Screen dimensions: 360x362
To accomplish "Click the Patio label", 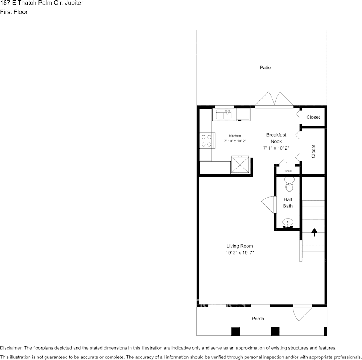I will pyautogui.click(x=265, y=68).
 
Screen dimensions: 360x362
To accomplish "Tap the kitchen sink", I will pyautogui.click(x=224, y=114).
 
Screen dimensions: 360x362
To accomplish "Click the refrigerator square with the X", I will pyautogui.click(x=240, y=164).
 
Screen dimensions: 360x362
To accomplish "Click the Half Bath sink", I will pyautogui.click(x=288, y=223).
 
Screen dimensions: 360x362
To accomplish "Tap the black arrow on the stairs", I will pyautogui.click(x=314, y=232).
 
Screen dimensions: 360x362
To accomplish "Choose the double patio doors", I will pyautogui.click(x=274, y=100).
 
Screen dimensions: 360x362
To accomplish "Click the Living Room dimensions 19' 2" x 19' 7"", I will pyautogui.click(x=240, y=253).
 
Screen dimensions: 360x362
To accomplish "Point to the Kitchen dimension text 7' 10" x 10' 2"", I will pyautogui.click(x=235, y=141).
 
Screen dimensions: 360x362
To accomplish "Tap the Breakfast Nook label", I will pyautogui.click(x=276, y=138).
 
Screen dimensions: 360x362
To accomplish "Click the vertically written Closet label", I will pyautogui.click(x=314, y=151).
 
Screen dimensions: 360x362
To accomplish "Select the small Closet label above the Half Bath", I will pyautogui.click(x=288, y=171).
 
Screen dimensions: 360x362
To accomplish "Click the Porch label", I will pyautogui.click(x=258, y=319).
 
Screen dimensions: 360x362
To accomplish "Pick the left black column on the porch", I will pyautogui.click(x=236, y=331).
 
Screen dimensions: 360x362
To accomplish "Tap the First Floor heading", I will pyautogui.click(x=14, y=12).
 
